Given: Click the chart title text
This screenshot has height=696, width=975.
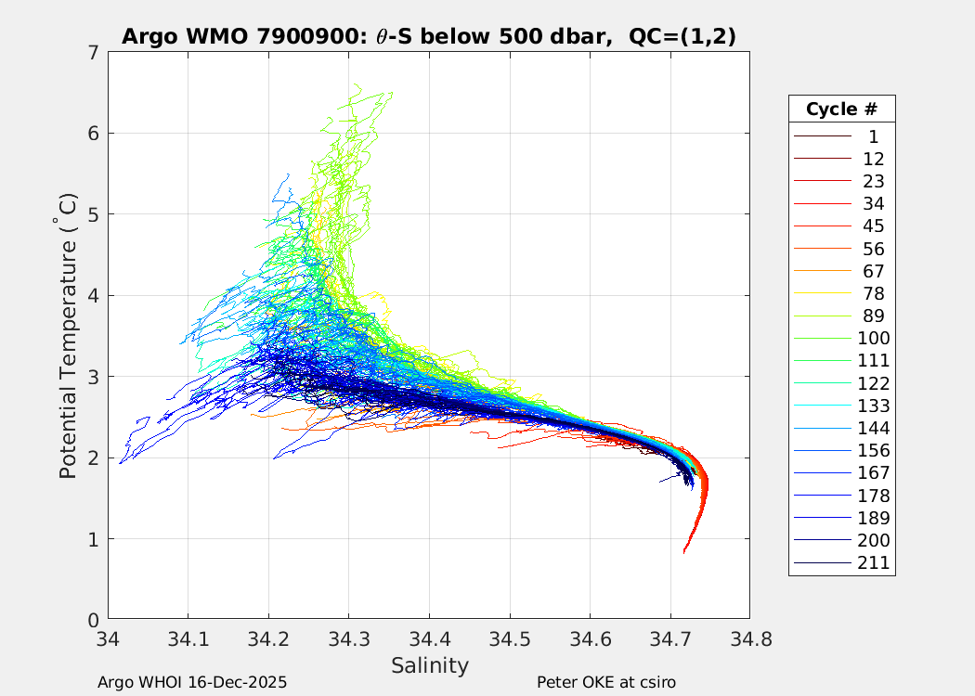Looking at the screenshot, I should click(x=429, y=36).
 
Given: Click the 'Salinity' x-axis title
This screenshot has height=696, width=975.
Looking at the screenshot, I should click(x=429, y=665).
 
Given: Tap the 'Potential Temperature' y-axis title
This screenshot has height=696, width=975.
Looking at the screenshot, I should click(x=68, y=336).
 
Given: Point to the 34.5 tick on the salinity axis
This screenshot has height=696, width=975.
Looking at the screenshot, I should click(x=509, y=638).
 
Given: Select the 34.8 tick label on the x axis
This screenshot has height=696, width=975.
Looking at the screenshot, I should click(x=749, y=638).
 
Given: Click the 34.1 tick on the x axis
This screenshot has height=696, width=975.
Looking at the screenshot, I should click(x=188, y=638).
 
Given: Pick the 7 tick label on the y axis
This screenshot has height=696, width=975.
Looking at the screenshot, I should click(x=93, y=52).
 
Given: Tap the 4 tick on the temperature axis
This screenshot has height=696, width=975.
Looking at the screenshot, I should click(x=93, y=295).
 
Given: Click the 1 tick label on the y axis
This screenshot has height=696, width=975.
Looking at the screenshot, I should click(x=93, y=539).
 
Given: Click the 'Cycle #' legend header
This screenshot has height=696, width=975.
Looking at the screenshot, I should click(x=841, y=110).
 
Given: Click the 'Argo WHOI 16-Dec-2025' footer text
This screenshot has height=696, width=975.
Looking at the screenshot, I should click(x=192, y=682).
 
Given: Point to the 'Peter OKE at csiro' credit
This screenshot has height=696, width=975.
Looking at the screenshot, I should click(x=606, y=682).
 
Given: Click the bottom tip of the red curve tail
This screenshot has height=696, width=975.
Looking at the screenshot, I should click(x=684, y=552).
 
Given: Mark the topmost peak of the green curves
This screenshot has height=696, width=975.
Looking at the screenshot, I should click(x=356, y=84).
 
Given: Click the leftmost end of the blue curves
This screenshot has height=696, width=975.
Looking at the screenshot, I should click(x=120, y=462).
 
